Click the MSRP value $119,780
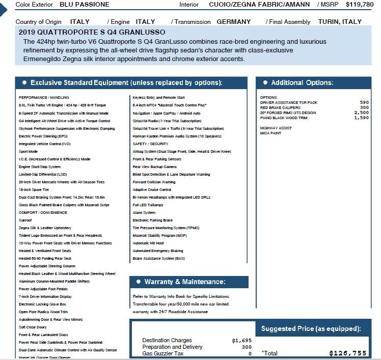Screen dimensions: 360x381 (x=359, y=4)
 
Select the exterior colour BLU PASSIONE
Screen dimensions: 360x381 (x=85, y=4)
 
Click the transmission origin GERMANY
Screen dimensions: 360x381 (x=233, y=22)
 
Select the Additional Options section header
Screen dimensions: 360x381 (x=302, y=82)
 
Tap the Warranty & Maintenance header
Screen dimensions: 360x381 (x=185, y=282)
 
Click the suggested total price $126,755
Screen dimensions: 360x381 (x=348, y=353)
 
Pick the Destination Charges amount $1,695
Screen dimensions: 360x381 (x=242, y=340)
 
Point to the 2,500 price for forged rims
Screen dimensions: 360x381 (x=361, y=113)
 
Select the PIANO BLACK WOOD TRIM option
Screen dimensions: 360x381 (x=284, y=118)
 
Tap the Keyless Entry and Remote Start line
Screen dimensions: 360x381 (x=158, y=97)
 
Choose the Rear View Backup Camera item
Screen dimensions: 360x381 (x=155, y=167)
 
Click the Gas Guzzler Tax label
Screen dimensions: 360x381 (x=163, y=353)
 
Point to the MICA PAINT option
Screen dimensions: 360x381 (x=271, y=133)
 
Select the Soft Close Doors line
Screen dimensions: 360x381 (x=33, y=327)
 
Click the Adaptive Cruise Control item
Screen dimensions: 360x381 (x=152, y=189)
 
